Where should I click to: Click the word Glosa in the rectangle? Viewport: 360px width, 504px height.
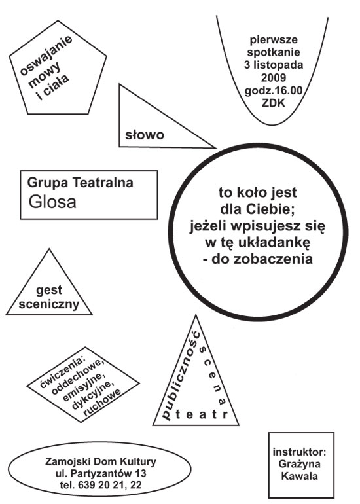coord(52,202)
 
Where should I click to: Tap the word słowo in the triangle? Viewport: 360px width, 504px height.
coord(145,135)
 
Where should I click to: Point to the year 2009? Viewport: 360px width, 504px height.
coord(274,77)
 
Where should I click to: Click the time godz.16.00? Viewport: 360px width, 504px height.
coord(274,90)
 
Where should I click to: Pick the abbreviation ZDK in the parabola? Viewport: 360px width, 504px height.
coord(274,103)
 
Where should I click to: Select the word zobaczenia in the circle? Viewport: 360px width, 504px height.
coord(273,259)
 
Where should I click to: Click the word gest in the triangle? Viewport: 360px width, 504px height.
coord(49,290)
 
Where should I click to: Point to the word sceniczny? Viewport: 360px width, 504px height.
coord(49,304)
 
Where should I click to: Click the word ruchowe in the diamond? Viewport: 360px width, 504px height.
coord(102,403)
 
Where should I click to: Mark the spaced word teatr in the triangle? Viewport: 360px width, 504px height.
coord(202,414)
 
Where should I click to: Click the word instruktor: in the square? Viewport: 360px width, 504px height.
coord(300,452)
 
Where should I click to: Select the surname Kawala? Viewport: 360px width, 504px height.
coord(300,476)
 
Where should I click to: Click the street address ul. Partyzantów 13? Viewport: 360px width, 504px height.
coord(101,473)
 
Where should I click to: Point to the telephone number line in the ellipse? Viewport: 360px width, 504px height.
coord(101,485)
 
